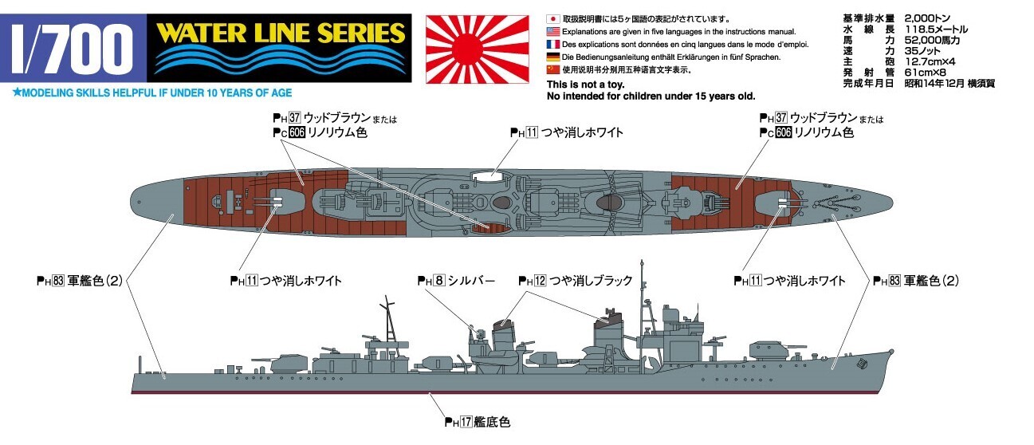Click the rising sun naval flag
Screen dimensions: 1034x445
click(x=478, y=49)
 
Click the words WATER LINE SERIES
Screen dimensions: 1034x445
click(x=281, y=33)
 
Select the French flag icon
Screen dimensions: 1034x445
click(x=553, y=45)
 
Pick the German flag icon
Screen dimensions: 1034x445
click(x=553, y=57)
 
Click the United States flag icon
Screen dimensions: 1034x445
click(x=553, y=31)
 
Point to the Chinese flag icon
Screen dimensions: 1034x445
click(x=553, y=69)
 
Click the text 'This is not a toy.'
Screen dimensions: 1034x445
click(x=585, y=85)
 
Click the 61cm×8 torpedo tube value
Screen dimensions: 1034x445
click(x=925, y=73)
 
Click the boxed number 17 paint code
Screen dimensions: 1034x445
click(x=466, y=422)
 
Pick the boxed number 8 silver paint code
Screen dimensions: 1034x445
click(x=439, y=280)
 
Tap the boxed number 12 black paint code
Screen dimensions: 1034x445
click(x=540, y=280)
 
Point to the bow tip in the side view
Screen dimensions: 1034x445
click(x=893, y=352)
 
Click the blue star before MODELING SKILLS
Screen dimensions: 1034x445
click(x=17, y=93)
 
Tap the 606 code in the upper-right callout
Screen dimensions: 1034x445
click(x=784, y=132)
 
